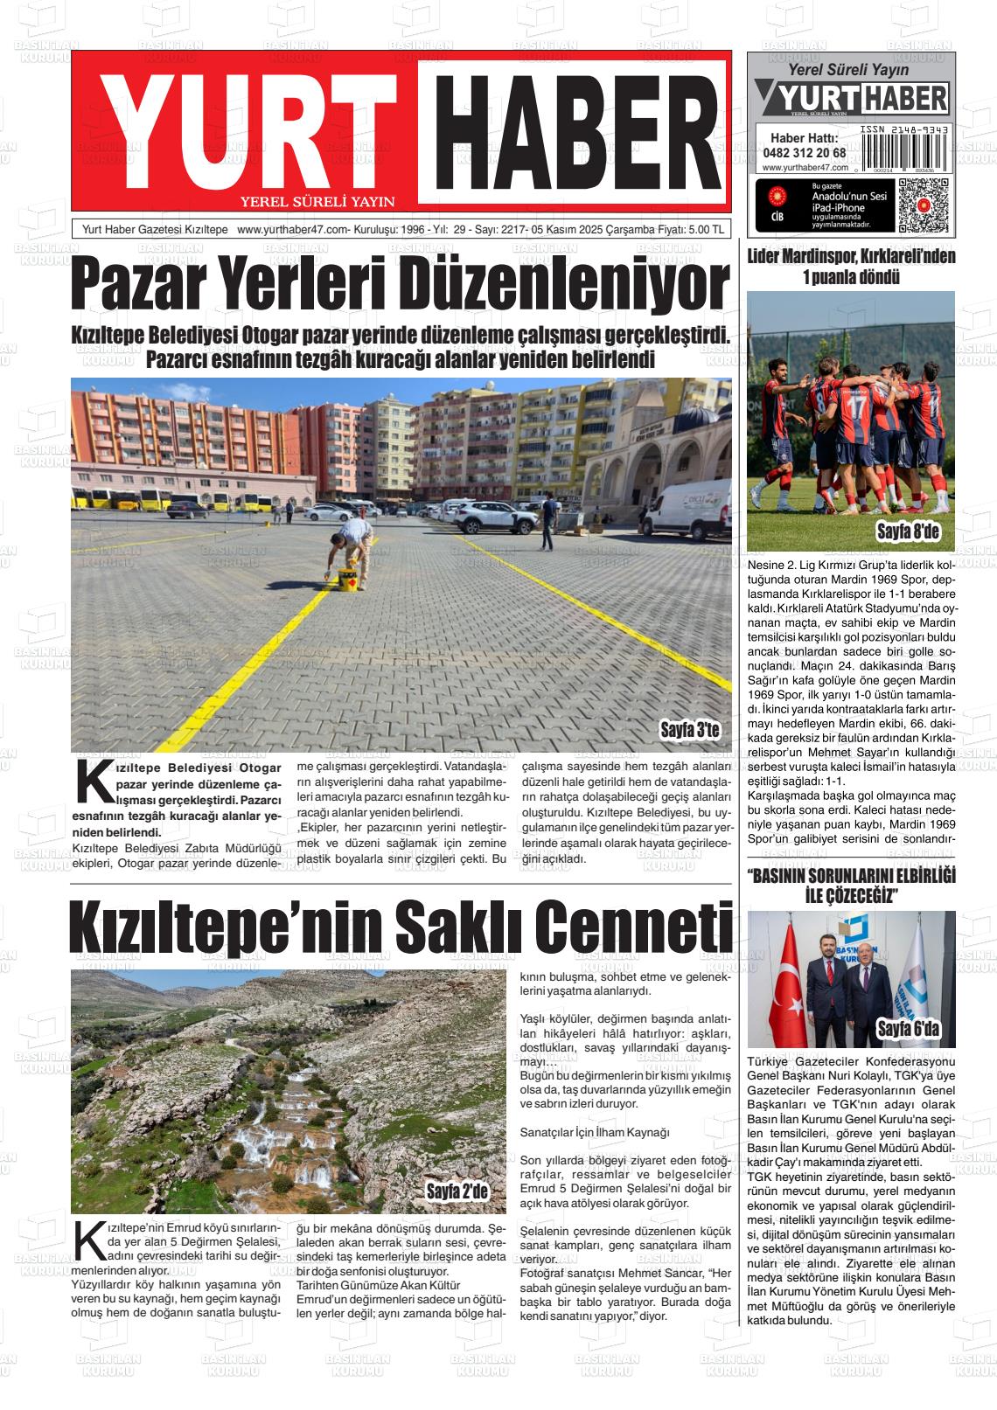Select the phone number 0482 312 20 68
click(x=804, y=152)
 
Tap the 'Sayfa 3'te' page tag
click(x=689, y=729)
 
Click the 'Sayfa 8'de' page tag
click(x=908, y=532)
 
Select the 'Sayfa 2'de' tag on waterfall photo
click(x=455, y=1191)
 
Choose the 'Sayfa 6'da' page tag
click(x=908, y=1030)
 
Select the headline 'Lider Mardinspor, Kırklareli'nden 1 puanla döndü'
click(x=851, y=267)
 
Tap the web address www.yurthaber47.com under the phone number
click(x=804, y=167)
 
